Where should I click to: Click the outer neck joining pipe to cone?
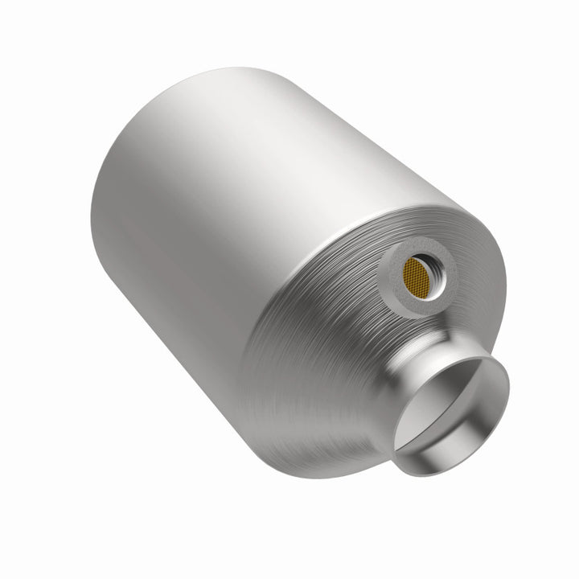[x=402, y=402]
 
